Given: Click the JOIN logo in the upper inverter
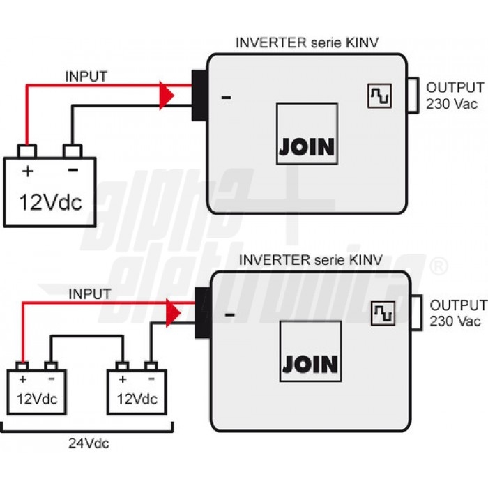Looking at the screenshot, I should point(307,146).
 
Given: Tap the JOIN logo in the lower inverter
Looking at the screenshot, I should point(310,363).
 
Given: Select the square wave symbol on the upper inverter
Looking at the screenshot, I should point(377,96).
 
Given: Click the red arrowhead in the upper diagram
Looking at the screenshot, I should point(167,95).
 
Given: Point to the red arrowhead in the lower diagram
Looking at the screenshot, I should point(172,312).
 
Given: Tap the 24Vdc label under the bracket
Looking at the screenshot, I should point(89,443).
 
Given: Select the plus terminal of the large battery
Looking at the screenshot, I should point(27,151).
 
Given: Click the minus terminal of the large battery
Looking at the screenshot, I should point(73,151).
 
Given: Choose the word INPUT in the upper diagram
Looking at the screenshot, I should point(86,76).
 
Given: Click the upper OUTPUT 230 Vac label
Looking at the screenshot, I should point(455,96).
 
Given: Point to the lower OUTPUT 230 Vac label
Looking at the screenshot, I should point(457,313).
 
